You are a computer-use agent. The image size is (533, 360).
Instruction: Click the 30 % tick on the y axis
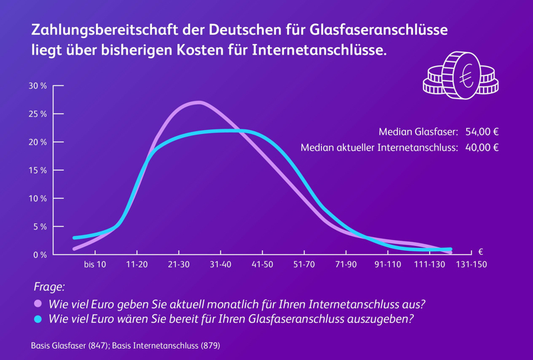pyautogui.click(x=37, y=86)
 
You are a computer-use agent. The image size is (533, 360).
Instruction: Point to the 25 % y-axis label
pyautogui.click(x=37, y=114)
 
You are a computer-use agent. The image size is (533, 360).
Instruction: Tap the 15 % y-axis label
pyautogui.click(x=37, y=171)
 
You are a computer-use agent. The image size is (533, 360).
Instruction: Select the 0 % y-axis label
pyautogui.click(x=39, y=255)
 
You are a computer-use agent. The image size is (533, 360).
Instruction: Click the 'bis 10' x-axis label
pyautogui.click(x=95, y=265)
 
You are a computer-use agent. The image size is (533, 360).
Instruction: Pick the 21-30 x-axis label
pyautogui.click(x=179, y=265)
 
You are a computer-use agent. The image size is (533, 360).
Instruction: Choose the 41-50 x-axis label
pyautogui.click(x=263, y=265)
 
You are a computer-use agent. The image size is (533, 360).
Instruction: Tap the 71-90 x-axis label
pyautogui.click(x=346, y=265)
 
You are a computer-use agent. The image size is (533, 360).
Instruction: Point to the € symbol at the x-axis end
pyautogui.click(x=480, y=251)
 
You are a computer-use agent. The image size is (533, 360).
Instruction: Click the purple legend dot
pyautogui.click(x=37, y=304)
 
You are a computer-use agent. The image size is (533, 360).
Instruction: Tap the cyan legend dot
pyautogui.click(x=37, y=319)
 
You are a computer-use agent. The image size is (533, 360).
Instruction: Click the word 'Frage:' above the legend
pyautogui.click(x=49, y=287)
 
